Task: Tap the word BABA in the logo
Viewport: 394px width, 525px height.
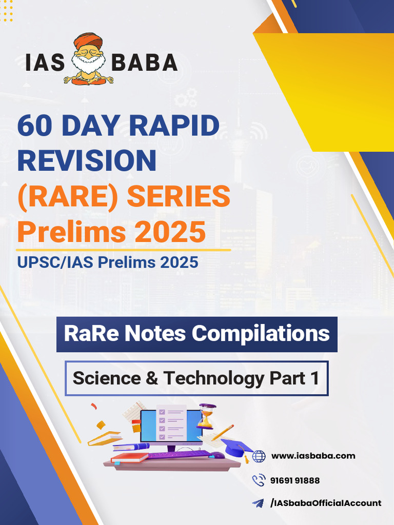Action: click(x=145, y=63)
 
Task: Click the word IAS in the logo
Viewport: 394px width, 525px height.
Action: click(x=45, y=63)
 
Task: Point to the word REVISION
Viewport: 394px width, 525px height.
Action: click(x=87, y=160)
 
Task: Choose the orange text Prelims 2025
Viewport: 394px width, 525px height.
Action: click(x=111, y=231)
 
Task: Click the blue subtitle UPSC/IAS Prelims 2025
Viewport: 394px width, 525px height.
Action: click(x=107, y=262)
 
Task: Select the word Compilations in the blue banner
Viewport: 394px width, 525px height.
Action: click(x=261, y=334)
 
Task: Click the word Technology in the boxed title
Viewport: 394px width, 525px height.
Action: click(x=214, y=378)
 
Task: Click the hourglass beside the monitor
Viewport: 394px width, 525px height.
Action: click(x=205, y=416)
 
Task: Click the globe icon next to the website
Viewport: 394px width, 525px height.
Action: click(x=259, y=456)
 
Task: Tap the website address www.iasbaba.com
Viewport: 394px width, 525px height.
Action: click(x=313, y=456)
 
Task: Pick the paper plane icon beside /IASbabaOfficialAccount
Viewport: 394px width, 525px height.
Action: click(x=258, y=503)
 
